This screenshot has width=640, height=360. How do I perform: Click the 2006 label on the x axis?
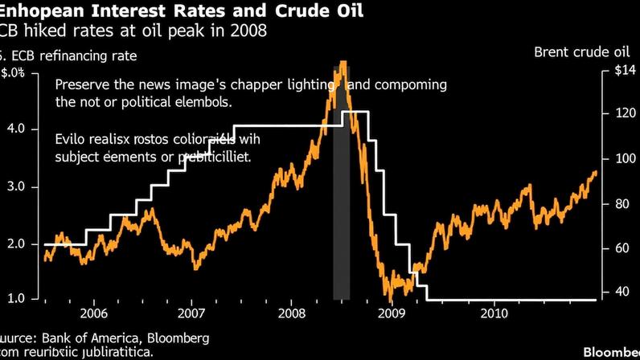tap(94, 312)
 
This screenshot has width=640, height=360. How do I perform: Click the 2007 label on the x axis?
tap(192, 312)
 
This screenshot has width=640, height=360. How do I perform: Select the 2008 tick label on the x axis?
tap(292, 312)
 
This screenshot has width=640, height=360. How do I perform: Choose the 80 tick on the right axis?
tap(619, 204)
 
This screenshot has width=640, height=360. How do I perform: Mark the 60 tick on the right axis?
tap(619, 248)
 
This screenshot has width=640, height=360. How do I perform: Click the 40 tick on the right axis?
tap(619, 292)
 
